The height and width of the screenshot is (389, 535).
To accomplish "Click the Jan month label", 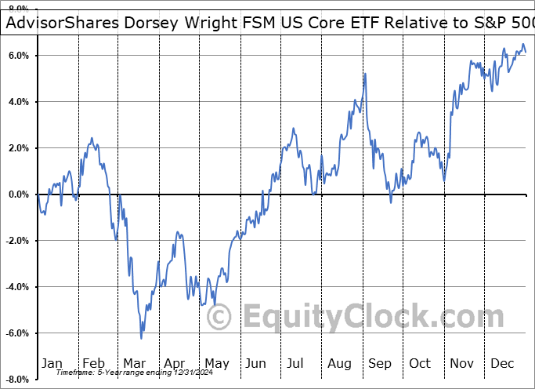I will pyautogui.click(x=52, y=363).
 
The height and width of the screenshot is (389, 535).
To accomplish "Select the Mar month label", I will pyautogui.click(x=134, y=363).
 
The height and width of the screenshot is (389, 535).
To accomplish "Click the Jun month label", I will pyautogui.click(x=257, y=363).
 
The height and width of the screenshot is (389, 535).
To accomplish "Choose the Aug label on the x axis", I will pyautogui.click(x=340, y=363).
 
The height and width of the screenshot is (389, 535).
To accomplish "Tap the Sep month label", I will pyautogui.click(x=381, y=363).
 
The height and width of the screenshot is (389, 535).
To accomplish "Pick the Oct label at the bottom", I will pyautogui.click(x=421, y=363).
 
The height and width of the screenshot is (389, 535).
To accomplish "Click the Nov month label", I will pyautogui.click(x=462, y=363).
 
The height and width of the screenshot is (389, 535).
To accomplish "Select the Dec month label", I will pyautogui.click(x=503, y=363).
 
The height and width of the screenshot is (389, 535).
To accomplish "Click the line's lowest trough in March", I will pyautogui.click(x=141, y=338).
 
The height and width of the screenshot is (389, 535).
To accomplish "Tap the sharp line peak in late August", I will pyautogui.click(x=365, y=74).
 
